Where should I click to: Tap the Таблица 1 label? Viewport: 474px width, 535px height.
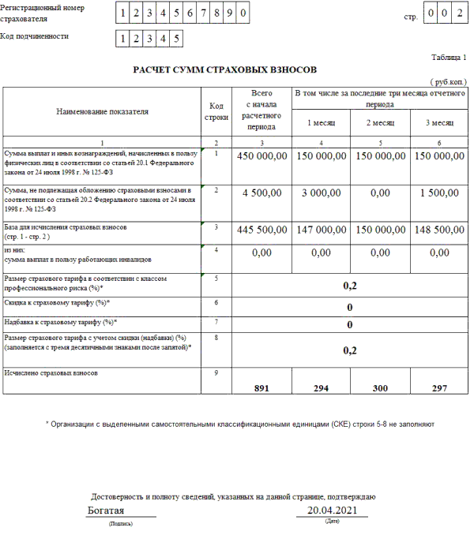pos(448,58)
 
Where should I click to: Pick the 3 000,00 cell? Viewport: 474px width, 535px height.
pos(321,192)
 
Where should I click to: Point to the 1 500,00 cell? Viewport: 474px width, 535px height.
pos(439,192)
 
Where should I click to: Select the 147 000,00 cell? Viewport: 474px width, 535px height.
pos(321,230)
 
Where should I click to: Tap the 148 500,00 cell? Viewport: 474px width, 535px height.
pos(439,230)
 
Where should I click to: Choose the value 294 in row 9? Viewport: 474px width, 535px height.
pos(321,388)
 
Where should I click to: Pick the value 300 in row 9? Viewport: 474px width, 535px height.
pos(380,388)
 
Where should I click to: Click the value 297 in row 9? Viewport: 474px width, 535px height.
pos(439,388)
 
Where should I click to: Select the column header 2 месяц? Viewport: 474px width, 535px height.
pos(380,123)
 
